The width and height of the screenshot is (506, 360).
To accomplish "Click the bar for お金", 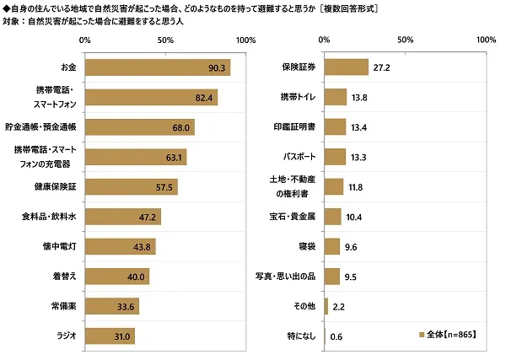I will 158,67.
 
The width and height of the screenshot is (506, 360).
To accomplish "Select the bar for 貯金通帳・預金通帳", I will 140,127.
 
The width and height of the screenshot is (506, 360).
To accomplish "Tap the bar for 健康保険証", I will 132,187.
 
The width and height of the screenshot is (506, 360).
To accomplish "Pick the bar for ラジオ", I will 110,336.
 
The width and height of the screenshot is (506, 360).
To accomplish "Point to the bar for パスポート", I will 336,157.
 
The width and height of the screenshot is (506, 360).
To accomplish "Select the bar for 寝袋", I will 332,246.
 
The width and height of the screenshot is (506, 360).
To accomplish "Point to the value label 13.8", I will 360,98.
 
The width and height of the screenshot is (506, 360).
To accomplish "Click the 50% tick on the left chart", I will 165,40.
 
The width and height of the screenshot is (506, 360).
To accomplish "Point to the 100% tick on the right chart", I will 487,40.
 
